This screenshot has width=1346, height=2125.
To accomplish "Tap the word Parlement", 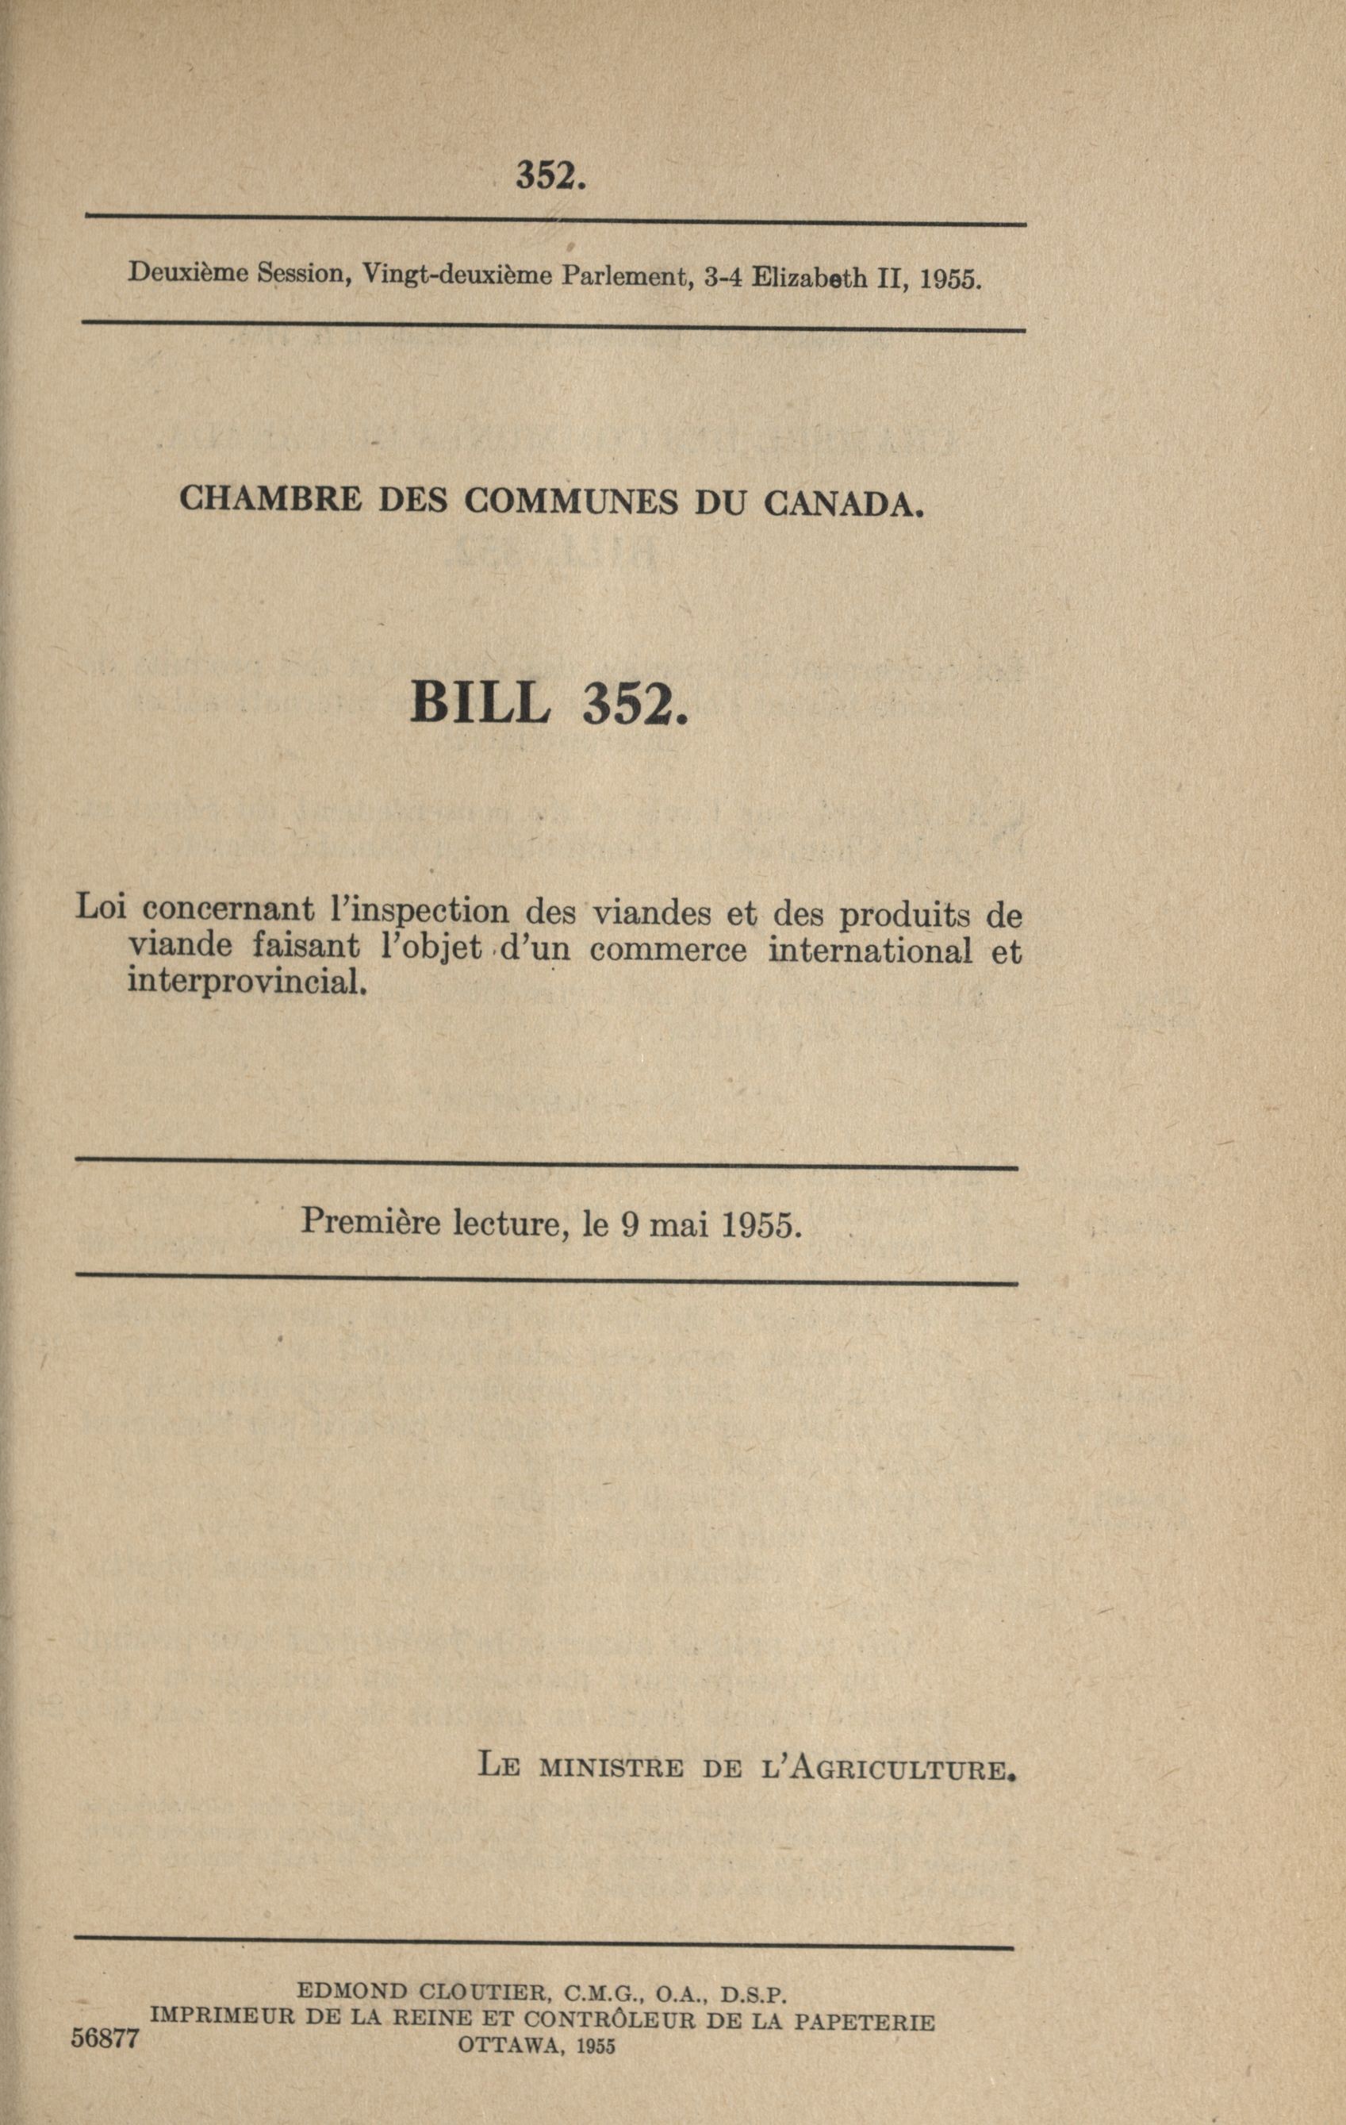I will click(x=624, y=277).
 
